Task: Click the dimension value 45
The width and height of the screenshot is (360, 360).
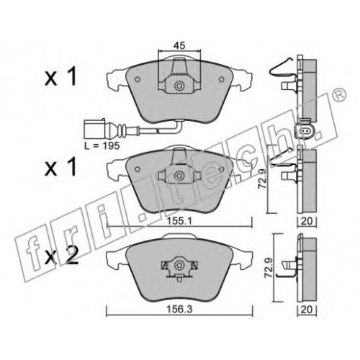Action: click(179, 45)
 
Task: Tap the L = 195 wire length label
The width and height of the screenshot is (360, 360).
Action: click(102, 145)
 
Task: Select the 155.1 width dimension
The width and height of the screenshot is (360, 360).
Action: click(179, 221)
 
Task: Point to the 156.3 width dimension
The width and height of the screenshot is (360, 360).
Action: click(179, 309)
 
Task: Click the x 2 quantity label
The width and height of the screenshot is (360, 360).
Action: click(61, 257)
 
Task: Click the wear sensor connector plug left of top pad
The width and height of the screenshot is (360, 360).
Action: click(94, 129)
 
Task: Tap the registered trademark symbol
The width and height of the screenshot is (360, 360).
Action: click(341, 94)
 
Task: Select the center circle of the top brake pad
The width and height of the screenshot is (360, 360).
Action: click(179, 86)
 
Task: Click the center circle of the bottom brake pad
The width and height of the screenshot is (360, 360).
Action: click(179, 265)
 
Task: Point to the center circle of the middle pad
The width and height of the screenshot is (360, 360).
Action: click(179, 176)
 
